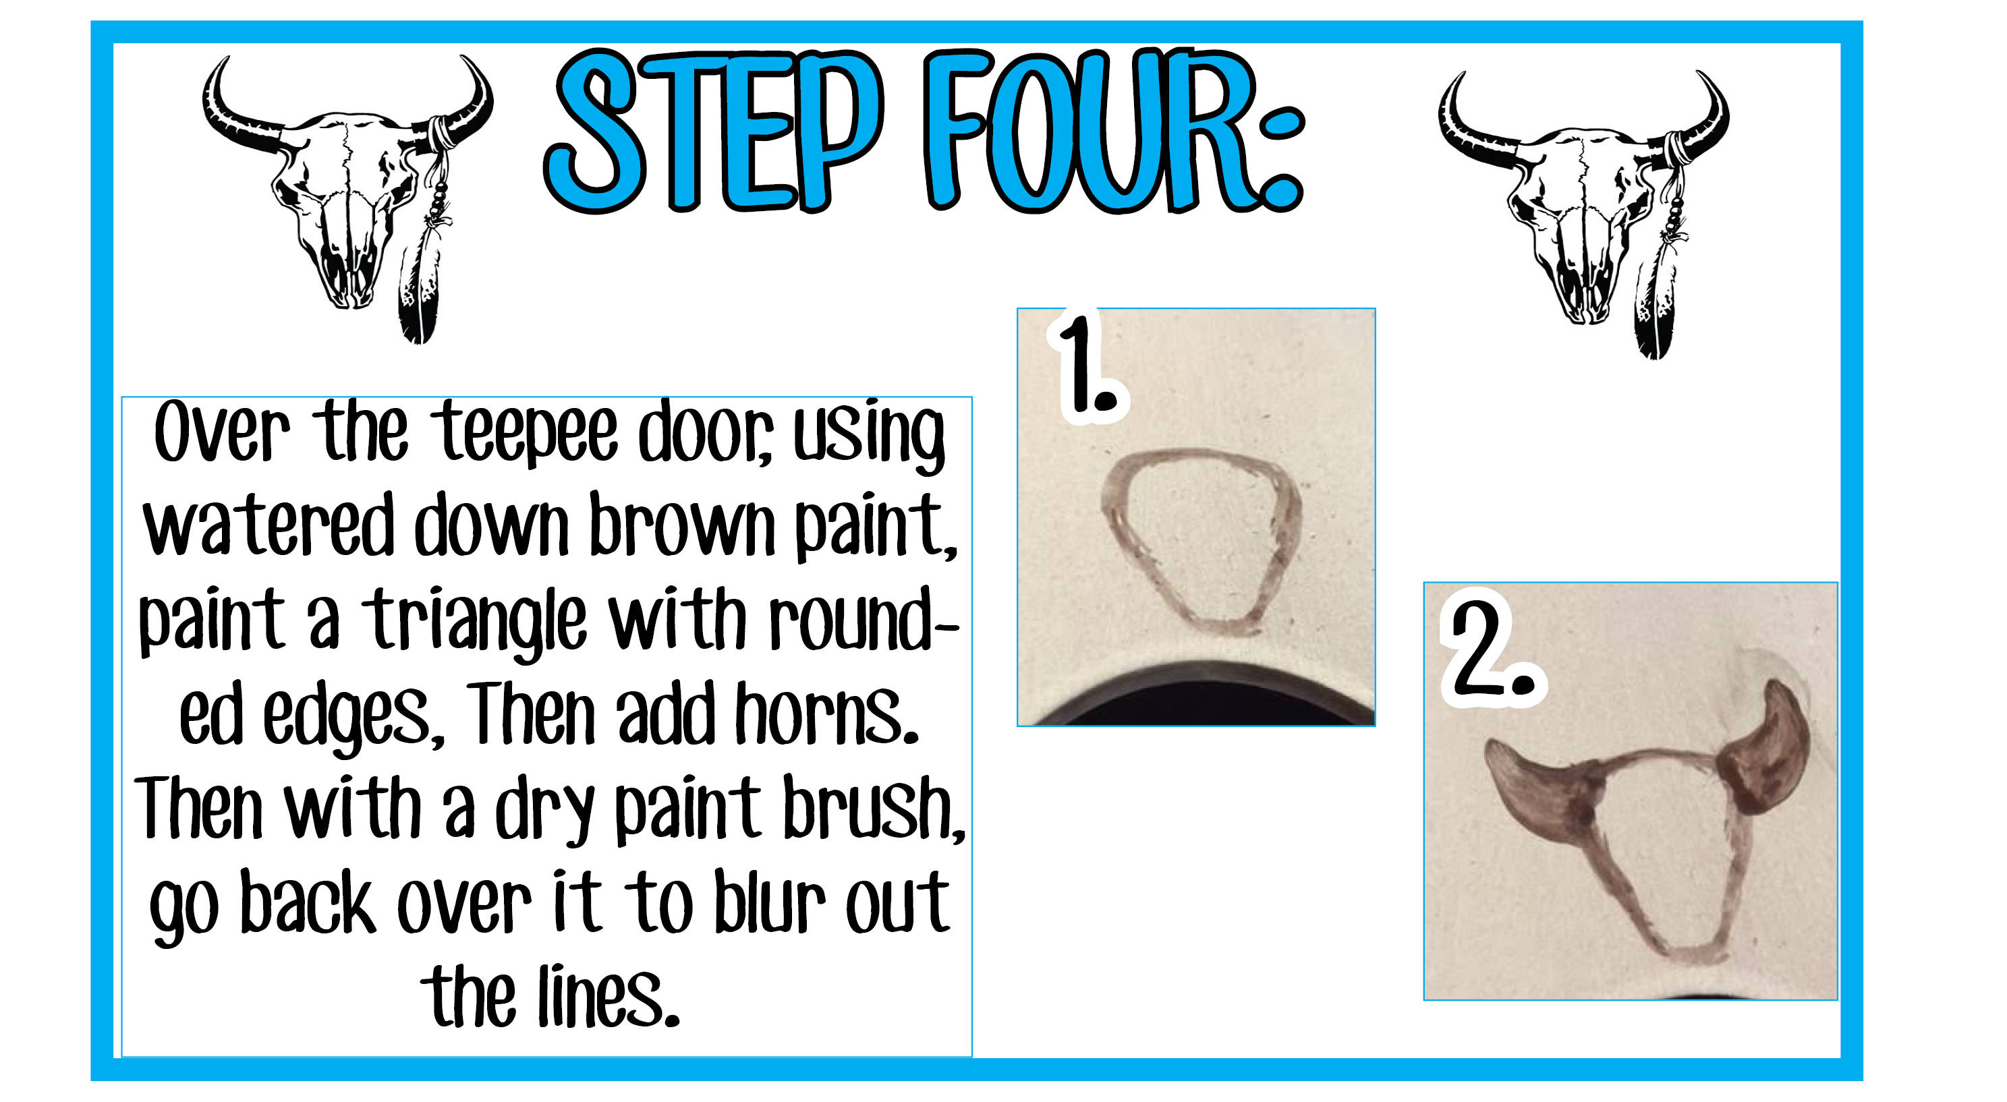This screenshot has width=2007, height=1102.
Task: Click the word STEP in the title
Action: [x=713, y=131]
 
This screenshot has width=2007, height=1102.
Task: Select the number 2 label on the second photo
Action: [x=1493, y=648]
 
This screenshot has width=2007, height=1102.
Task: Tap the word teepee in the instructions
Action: [x=529, y=433]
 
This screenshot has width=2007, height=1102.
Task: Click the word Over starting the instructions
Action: [x=222, y=433]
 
